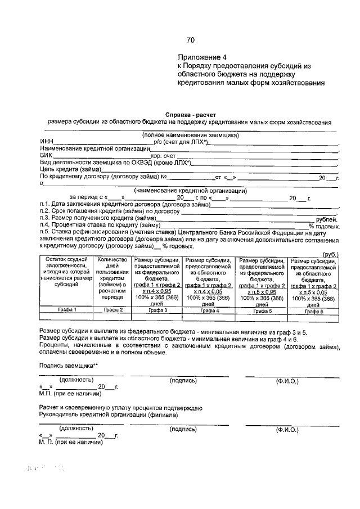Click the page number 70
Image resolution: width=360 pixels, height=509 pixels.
[190, 40]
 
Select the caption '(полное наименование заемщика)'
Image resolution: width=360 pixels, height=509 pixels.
[190, 135]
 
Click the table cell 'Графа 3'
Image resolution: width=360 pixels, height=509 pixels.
[157, 310]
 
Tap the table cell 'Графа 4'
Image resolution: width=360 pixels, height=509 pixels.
[209, 310]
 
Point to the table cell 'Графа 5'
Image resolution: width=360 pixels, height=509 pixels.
[262, 310]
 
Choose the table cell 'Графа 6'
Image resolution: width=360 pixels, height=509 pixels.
[313, 310]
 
